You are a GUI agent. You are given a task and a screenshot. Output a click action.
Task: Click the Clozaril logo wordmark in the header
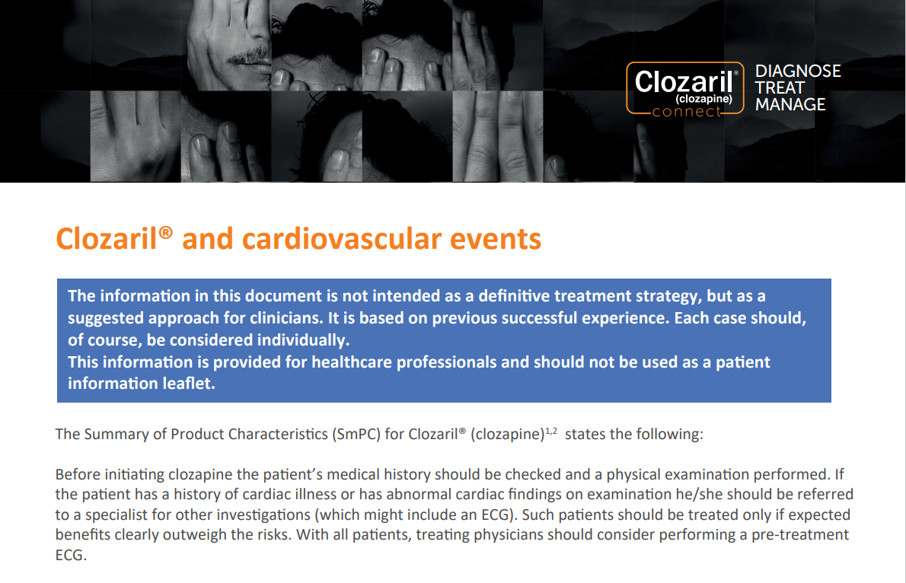pyautogui.click(x=684, y=81)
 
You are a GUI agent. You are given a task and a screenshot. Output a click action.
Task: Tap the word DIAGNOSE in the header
pyautogui.click(x=798, y=71)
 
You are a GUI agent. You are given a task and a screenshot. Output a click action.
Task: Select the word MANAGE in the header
pyautogui.click(x=790, y=104)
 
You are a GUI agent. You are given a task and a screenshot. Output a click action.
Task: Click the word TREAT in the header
pyautogui.click(x=780, y=88)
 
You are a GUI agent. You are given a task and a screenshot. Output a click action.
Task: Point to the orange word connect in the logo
pyautogui.click(x=687, y=112)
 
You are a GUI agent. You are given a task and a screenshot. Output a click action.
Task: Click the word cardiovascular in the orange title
pyautogui.click(x=342, y=239)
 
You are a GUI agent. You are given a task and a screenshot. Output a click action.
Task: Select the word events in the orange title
pyautogui.click(x=496, y=239)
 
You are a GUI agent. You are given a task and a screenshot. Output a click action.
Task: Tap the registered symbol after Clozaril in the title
pyautogui.click(x=165, y=232)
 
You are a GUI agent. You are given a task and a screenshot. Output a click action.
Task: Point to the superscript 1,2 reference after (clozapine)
pyautogui.click(x=551, y=431)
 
